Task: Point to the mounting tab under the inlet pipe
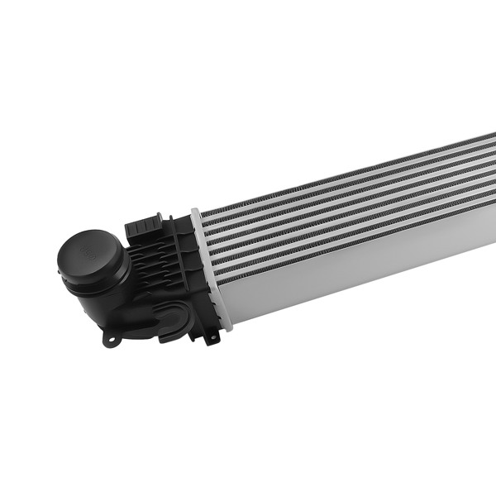(x=110, y=338)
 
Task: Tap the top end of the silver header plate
(x=196, y=213)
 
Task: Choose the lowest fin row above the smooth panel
(x=347, y=234)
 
